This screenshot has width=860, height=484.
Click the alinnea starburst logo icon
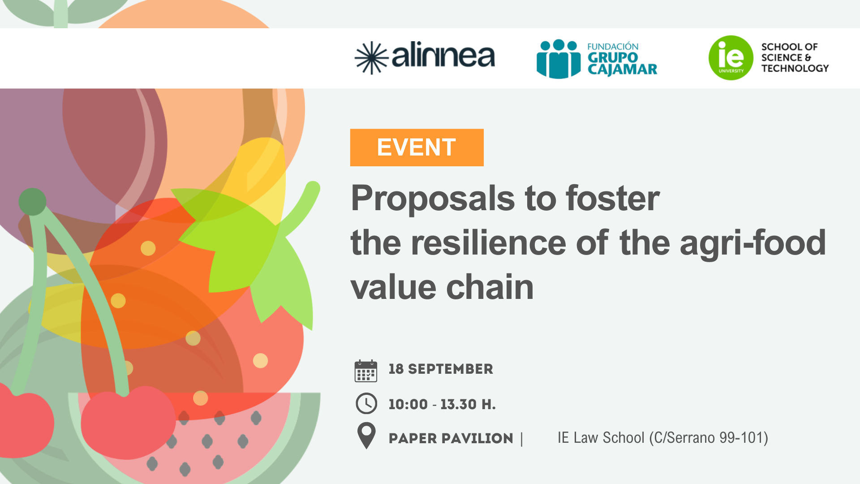[x=371, y=58]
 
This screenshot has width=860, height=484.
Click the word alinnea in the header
[x=443, y=55]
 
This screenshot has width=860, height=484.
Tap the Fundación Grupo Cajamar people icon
[x=559, y=59]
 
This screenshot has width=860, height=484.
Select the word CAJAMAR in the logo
[x=622, y=69]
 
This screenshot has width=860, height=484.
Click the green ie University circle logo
[x=731, y=58]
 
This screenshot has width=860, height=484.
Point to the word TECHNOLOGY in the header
[x=795, y=69]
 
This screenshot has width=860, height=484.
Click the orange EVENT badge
[x=417, y=147]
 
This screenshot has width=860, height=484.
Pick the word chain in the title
[x=490, y=287]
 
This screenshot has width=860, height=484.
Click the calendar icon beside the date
[x=365, y=371]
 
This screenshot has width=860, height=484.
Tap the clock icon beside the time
[x=366, y=403]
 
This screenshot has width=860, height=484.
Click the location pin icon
[x=366, y=436]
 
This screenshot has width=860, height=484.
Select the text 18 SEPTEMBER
[x=441, y=369]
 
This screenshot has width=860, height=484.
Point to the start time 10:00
[x=408, y=404]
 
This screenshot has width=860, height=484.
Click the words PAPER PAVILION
[x=451, y=438]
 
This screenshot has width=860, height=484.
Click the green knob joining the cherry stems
[x=32, y=202]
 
